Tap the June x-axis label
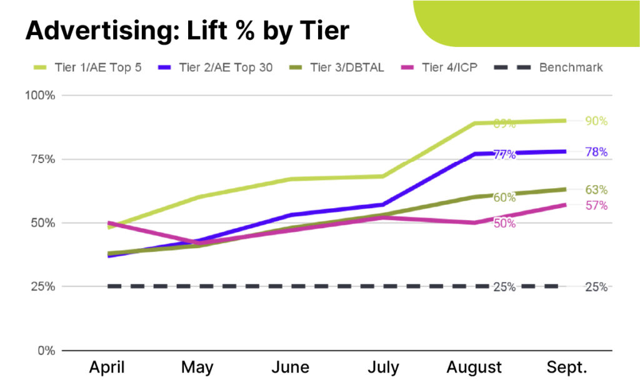click(x=291, y=367)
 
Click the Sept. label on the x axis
click(x=566, y=367)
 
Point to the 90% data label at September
click(x=596, y=121)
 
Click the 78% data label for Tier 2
click(x=596, y=152)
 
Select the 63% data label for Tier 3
click(x=596, y=190)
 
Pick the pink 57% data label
click(x=596, y=205)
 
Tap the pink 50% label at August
click(x=504, y=224)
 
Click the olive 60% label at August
click(x=504, y=197)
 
